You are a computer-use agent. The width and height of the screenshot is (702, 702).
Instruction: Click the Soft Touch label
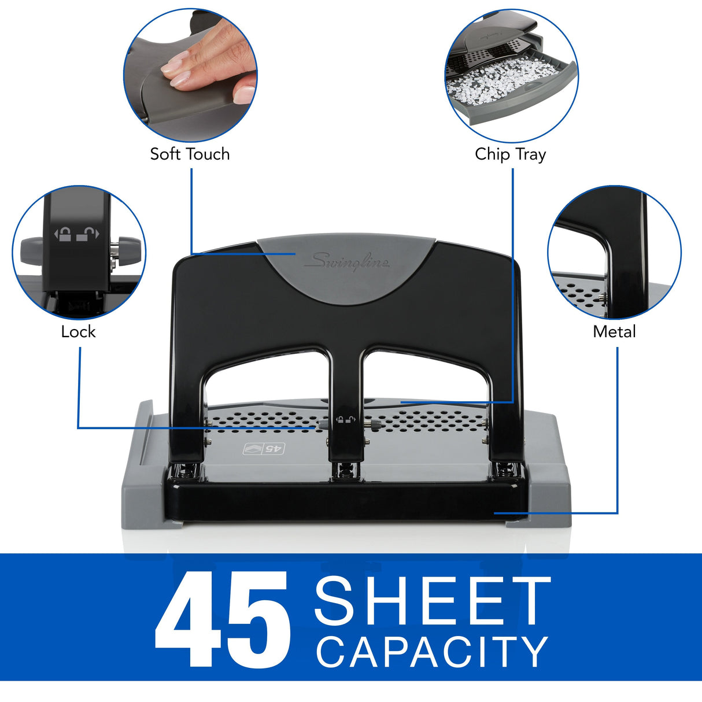point(190,154)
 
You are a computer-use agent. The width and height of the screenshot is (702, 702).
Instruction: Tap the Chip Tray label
point(510,154)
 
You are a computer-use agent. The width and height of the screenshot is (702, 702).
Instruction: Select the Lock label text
point(78,332)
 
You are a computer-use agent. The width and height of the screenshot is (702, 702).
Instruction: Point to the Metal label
point(614,332)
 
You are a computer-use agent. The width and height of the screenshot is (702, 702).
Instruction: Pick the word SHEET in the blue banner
point(433,601)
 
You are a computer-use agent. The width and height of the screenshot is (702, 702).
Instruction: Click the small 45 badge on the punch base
point(264,449)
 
